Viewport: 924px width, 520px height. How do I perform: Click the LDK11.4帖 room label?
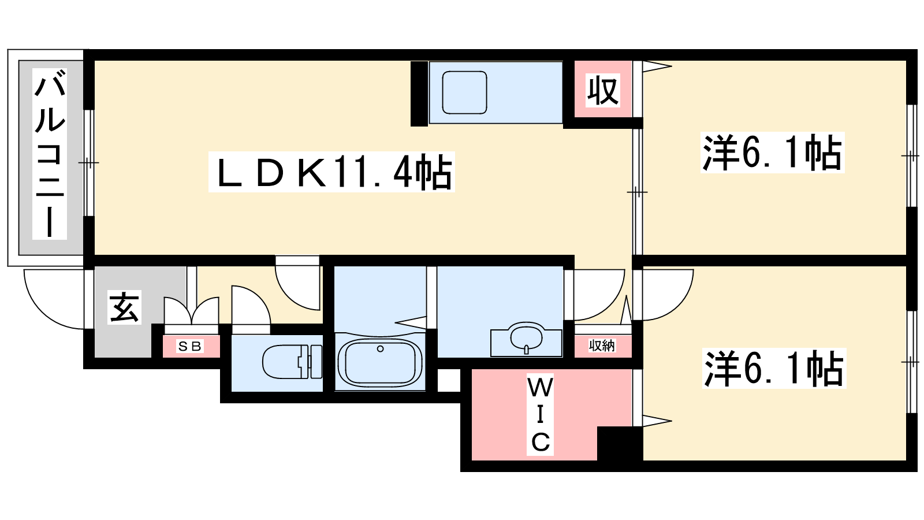[331, 172]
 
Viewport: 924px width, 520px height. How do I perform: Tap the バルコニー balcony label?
[50, 154]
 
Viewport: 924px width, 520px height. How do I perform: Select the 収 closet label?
[603, 90]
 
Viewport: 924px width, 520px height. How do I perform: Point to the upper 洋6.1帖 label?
[772, 153]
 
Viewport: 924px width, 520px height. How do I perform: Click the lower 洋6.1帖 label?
[774, 368]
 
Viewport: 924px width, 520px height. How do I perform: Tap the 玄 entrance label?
[124, 307]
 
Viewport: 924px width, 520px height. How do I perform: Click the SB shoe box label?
[190, 346]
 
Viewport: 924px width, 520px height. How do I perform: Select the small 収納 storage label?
[602, 346]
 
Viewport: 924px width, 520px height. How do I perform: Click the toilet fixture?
[292, 362]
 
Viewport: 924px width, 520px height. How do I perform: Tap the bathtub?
[380, 362]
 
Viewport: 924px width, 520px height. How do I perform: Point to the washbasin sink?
[526, 339]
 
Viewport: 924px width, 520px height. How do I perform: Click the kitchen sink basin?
[464, 92]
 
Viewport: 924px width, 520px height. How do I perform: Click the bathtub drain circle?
[381, 349]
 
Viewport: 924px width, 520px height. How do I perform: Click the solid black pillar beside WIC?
[620, 443]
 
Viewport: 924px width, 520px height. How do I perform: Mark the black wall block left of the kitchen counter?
[419, 94]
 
